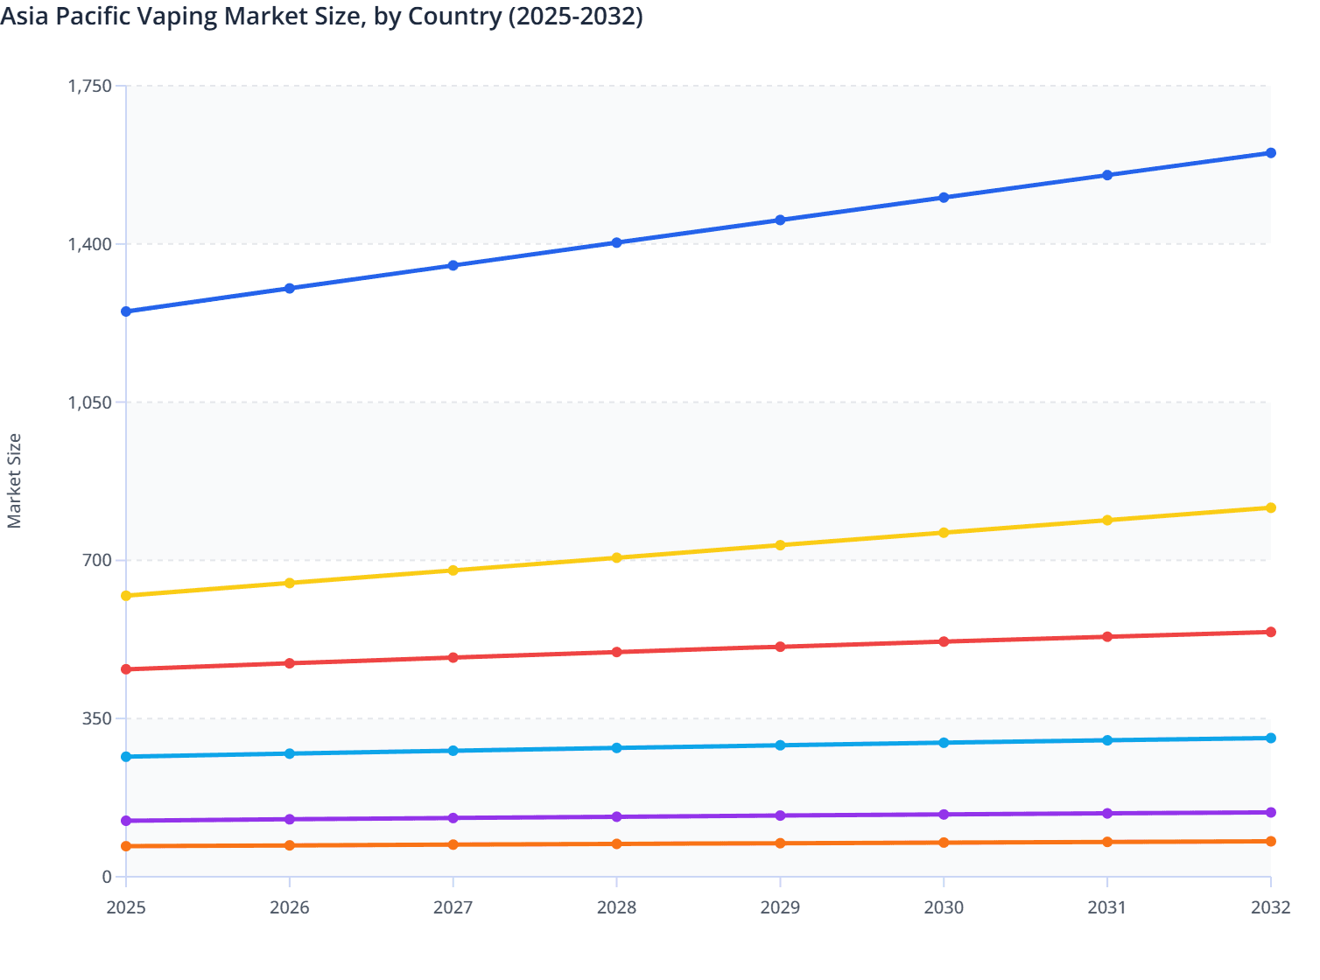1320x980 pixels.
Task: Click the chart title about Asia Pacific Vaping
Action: pyautogui.click(x=322, y=16)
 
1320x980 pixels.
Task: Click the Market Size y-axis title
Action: pyautogui.click(x=14, y=481)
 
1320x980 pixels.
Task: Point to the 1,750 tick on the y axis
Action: pyautogui.click(x=90, y=86)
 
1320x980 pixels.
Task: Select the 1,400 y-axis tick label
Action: pyautogui.click(x=90, y=244)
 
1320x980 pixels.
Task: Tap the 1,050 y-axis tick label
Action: pyautogui.click(x=90, y=402)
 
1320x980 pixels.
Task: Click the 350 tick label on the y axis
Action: pyautogui.click(x=96, y=718)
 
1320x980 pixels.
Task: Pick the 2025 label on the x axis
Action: pyautogui.click(x=126, y=907)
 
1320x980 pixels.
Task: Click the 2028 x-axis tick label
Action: pyautogui.click(x=616, y=907)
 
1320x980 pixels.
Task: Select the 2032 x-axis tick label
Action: pyautogui.click(x=1270, y=907)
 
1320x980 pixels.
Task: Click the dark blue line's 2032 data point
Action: pyautogui.click(x=1270, y=153)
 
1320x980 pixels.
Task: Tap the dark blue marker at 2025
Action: pyautogui.click(x=126, y=311)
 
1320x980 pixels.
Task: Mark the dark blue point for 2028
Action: pyautogui.click(x=616, y=242)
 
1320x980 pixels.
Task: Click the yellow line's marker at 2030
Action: pyautogui.click(x=944, y=533)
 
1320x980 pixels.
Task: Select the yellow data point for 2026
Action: pyautogui.click(x=290, y=583)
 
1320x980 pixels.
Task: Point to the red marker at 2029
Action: pyautogui.click(x=780, y=647)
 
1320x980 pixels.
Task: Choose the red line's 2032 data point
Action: pyautogui.click(x=1270, y=632)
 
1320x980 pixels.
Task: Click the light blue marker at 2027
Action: pyautogui.click(x=453, y=751)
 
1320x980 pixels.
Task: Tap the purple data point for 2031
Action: pyautogui.click(x=1107, y=814)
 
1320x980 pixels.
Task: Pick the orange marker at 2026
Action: pyautogui.click(x=290, y=845)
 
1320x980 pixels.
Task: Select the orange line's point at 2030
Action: pyautogui.click(x=944, y=843)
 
